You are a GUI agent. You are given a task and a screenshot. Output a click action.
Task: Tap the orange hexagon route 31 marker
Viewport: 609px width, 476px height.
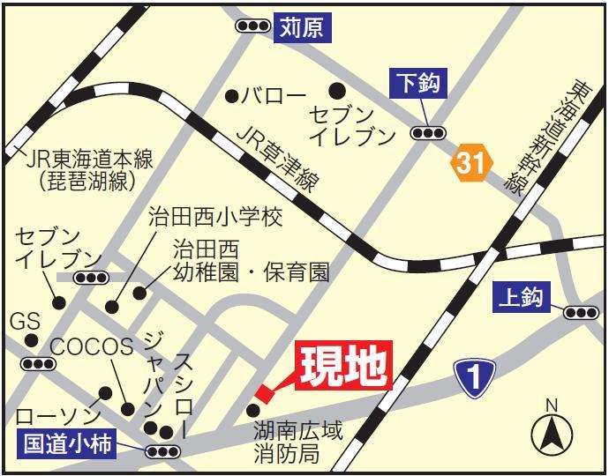[470, 162]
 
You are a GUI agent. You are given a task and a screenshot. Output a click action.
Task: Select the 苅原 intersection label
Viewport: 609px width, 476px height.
[303, 27]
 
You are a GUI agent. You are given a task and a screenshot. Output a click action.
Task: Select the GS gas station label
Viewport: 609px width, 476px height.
[25, 322]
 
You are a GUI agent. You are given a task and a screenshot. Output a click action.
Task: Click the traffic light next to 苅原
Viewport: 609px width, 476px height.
[253, 26]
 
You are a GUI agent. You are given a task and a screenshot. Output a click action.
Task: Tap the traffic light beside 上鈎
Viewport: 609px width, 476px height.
[581, 312]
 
